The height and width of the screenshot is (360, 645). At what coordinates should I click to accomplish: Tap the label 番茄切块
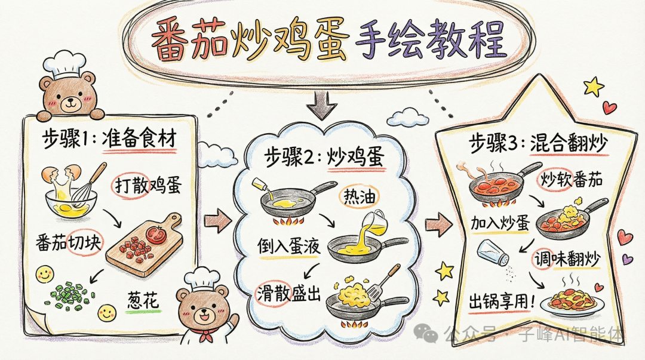coord(70,244)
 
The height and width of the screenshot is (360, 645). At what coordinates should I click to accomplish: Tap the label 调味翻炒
coord(566,259)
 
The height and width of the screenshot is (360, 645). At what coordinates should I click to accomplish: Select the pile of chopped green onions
coord(69,294)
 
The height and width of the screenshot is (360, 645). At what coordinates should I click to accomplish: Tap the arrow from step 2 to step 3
coord(439,224)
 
